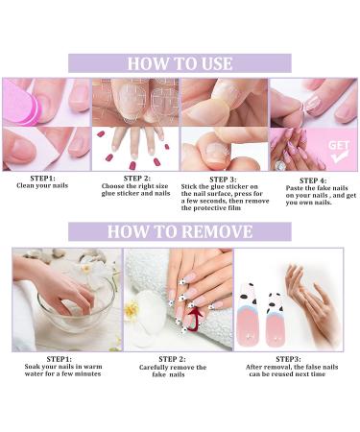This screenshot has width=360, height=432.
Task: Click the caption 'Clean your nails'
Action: (x=42, y=185)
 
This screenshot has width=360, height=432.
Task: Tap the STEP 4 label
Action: (x=313, y=180)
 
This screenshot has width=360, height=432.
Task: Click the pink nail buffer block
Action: (x=21, y=106)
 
